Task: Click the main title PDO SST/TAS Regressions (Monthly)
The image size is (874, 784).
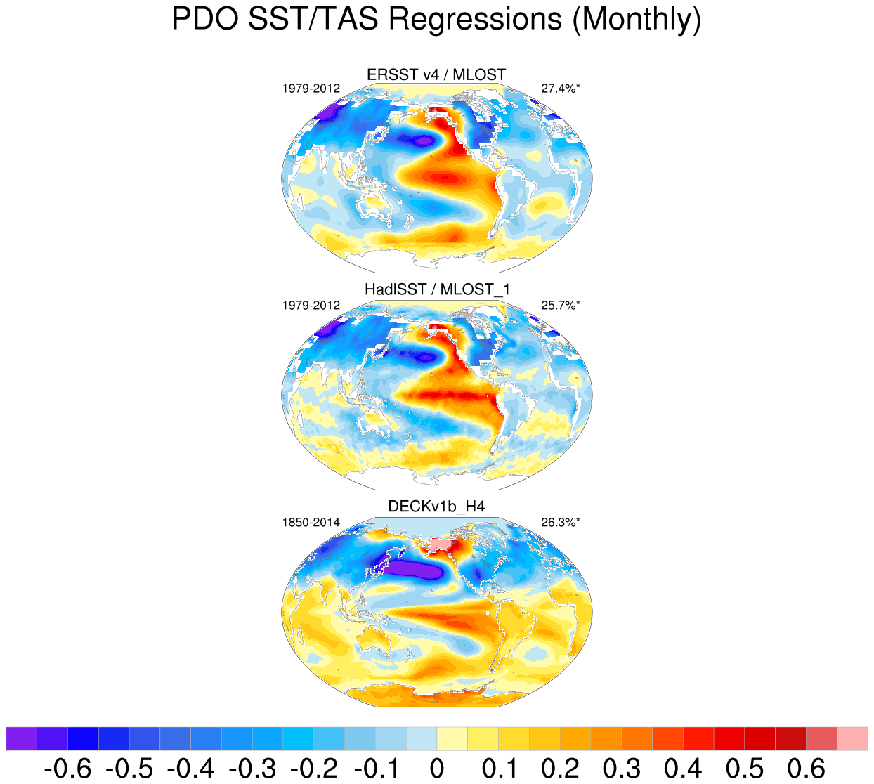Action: tap(436, 20)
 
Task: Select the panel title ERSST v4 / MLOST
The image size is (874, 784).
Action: tap(436, 74)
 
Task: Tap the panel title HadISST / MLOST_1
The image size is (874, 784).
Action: tap(436, 289)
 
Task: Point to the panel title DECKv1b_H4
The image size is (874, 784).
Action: tap(436, 507)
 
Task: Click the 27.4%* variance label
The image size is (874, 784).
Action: tap(561, 89)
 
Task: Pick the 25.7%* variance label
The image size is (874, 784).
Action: tap(561, 306)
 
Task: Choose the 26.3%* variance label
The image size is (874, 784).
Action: tap(561, 522)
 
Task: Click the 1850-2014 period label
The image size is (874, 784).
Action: tap(311, 522)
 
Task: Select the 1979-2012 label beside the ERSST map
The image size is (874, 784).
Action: tap(311, 89)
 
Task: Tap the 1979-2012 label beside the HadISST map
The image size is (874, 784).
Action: tap(311, 306)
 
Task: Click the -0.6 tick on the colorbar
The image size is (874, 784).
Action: tap(67, 769)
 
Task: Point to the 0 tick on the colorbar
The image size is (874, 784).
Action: tap(436, 769)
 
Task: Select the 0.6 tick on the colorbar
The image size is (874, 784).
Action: tap(806, 769)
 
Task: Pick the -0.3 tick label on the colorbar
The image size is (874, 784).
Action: tap(252, 769)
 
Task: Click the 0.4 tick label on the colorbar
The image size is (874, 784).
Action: tap(683, 769)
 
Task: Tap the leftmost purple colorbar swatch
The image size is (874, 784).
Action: tap(21, 739)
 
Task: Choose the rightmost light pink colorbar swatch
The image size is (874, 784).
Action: tap(852, 739)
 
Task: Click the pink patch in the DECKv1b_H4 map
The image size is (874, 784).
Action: tap(441, 544)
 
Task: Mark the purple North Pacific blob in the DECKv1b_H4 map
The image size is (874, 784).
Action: tap(415, 569)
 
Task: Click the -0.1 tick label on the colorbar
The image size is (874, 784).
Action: tap(375, 769)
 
